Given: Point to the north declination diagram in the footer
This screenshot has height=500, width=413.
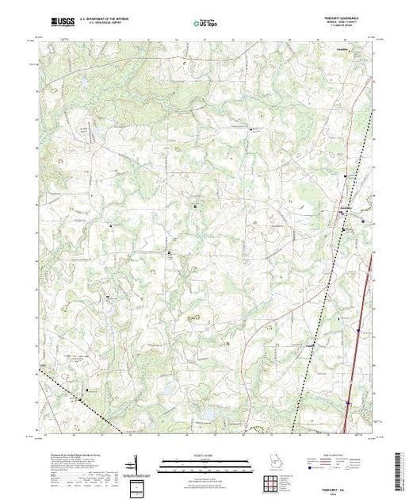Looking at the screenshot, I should tap(136, 463).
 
